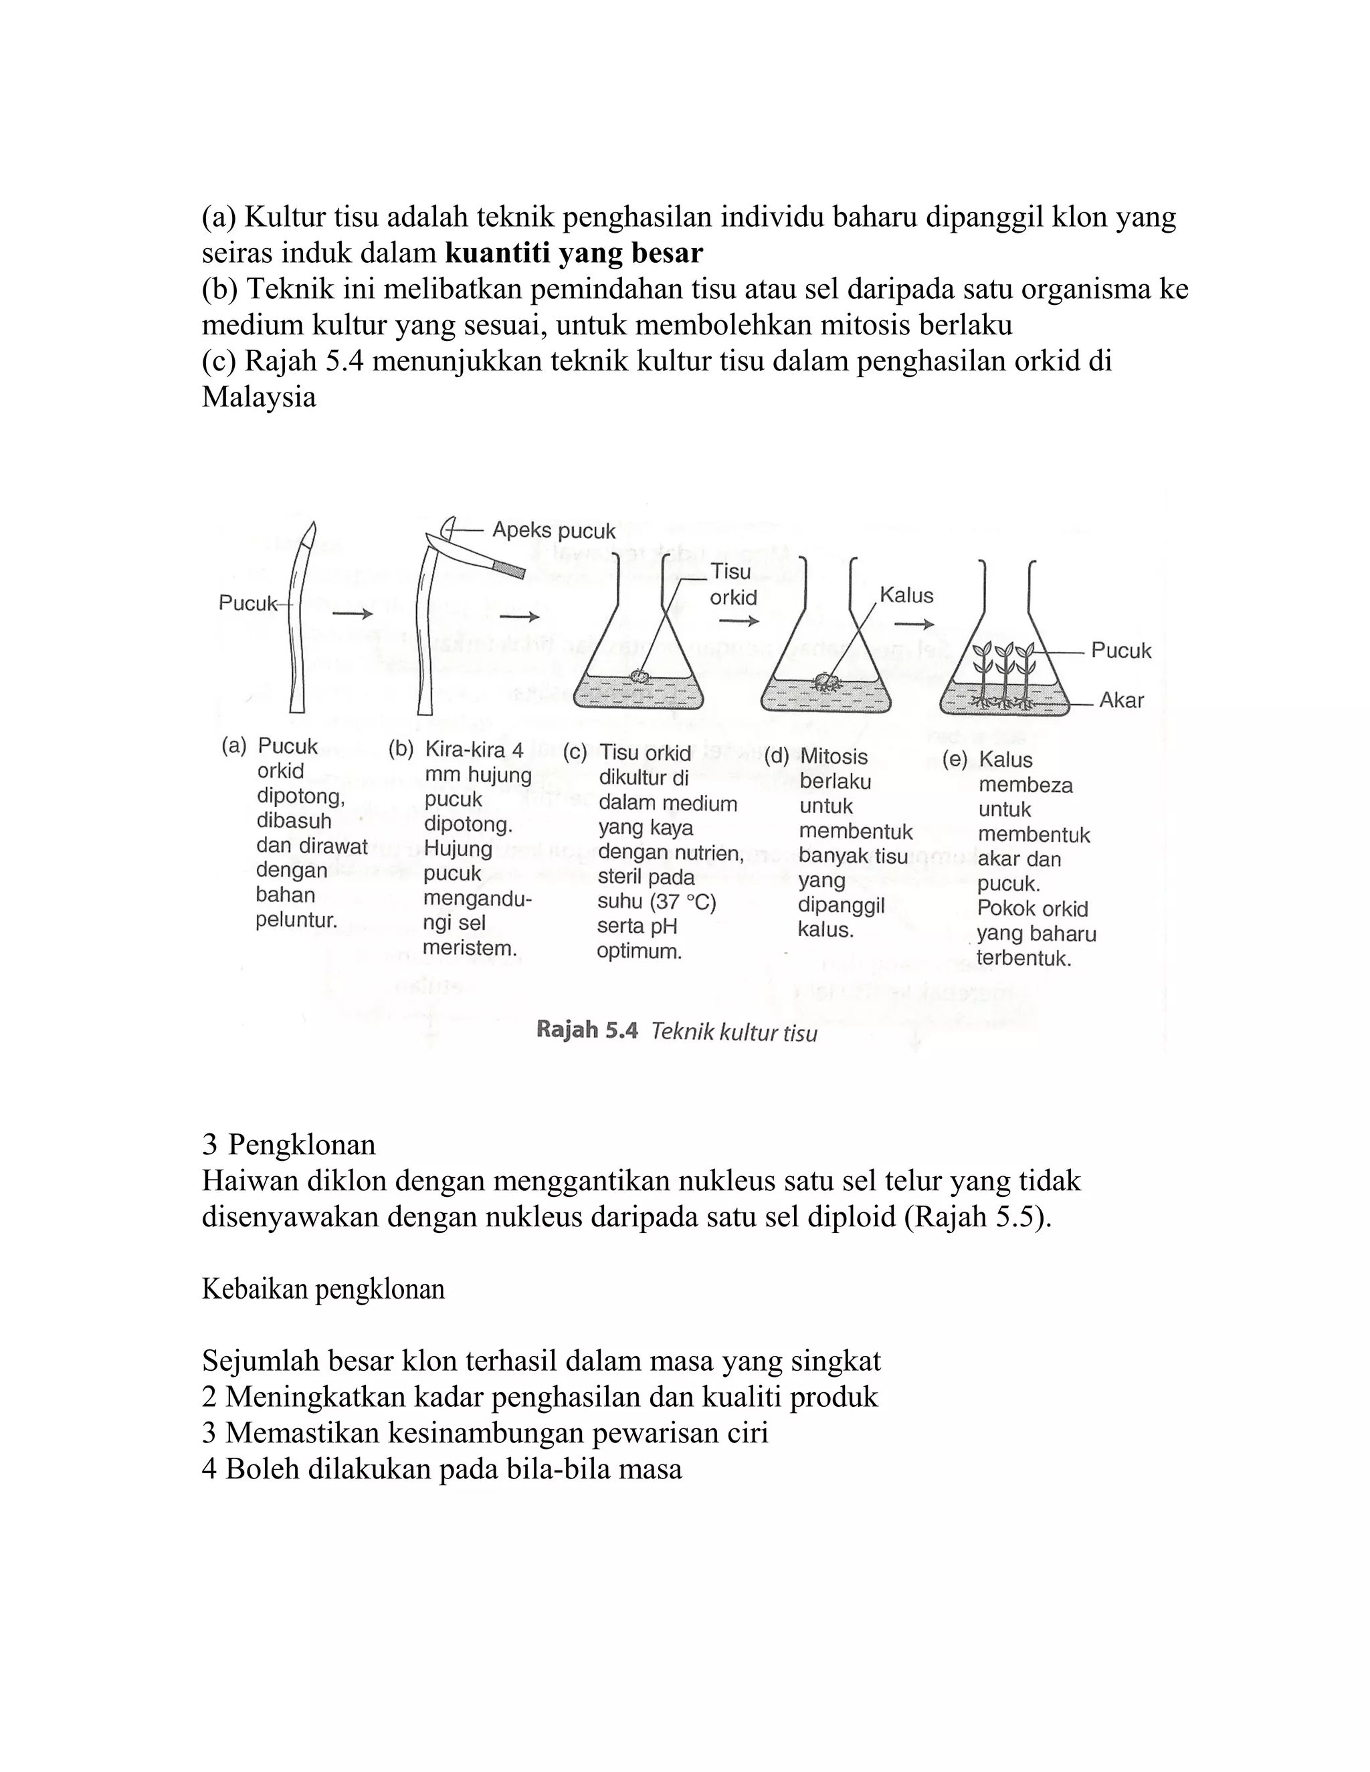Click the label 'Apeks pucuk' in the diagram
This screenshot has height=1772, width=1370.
[x=553, y=532]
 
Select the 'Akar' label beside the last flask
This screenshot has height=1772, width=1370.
[x=1121, y=700]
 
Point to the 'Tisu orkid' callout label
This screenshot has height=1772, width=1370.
[x=733, y=584]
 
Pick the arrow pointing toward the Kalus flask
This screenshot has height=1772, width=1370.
[x=739, y=621]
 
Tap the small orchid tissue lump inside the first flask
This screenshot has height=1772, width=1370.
[x=640, y=676]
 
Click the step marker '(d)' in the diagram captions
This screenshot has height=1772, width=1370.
[x=777, y=757]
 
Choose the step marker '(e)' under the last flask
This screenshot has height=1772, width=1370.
[x=955, y=760]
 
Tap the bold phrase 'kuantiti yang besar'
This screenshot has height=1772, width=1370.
[x=574, y=253]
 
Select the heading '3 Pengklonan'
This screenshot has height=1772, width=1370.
[x=288, y=1144]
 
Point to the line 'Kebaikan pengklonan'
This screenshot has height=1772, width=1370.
[x=323, y=1289]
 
